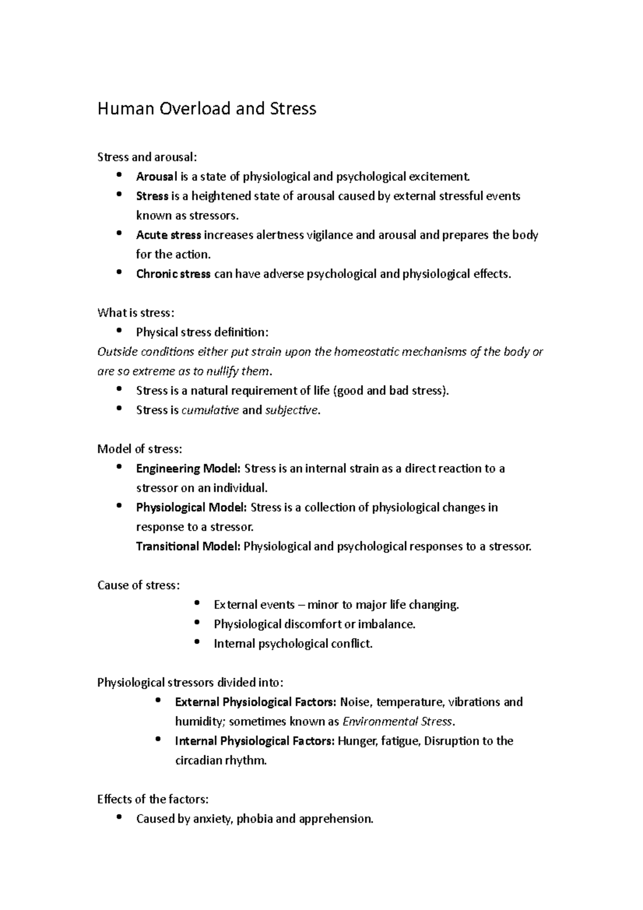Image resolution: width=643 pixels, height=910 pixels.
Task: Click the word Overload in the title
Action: point(193,109)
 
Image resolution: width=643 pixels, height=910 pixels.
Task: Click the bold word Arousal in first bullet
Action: point(156,176)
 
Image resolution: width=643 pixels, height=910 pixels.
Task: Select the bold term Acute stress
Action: point(168,235)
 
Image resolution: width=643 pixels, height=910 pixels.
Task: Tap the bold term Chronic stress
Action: point(173,274)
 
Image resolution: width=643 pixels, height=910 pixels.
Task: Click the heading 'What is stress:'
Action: point(136,313)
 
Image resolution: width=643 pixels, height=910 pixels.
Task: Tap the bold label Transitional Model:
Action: point(188,547)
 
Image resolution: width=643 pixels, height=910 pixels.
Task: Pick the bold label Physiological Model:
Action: point(191,508)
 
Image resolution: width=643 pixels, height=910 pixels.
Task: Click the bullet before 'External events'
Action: point(197,603)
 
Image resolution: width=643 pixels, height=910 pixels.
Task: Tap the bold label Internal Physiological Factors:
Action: point(255,741)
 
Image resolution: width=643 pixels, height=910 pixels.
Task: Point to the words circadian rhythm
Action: point(220,760)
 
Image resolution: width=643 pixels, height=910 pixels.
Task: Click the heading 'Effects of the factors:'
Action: point(153,800)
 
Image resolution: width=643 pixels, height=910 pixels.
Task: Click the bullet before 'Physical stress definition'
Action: point(119,331)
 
